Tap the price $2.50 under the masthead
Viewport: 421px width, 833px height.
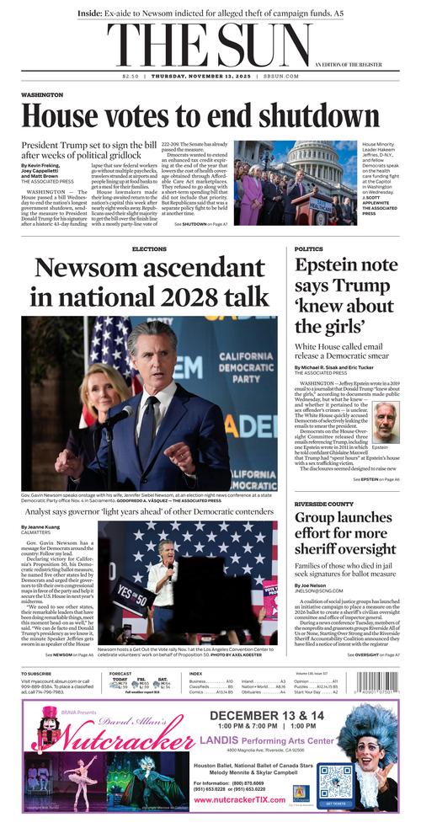pos(130,77)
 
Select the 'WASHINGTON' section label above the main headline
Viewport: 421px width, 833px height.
pos(42,95)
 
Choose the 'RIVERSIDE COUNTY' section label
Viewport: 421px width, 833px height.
pos(324,503)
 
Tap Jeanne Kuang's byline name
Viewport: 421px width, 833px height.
pos(40,527)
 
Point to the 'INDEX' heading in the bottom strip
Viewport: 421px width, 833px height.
pos(195,674)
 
